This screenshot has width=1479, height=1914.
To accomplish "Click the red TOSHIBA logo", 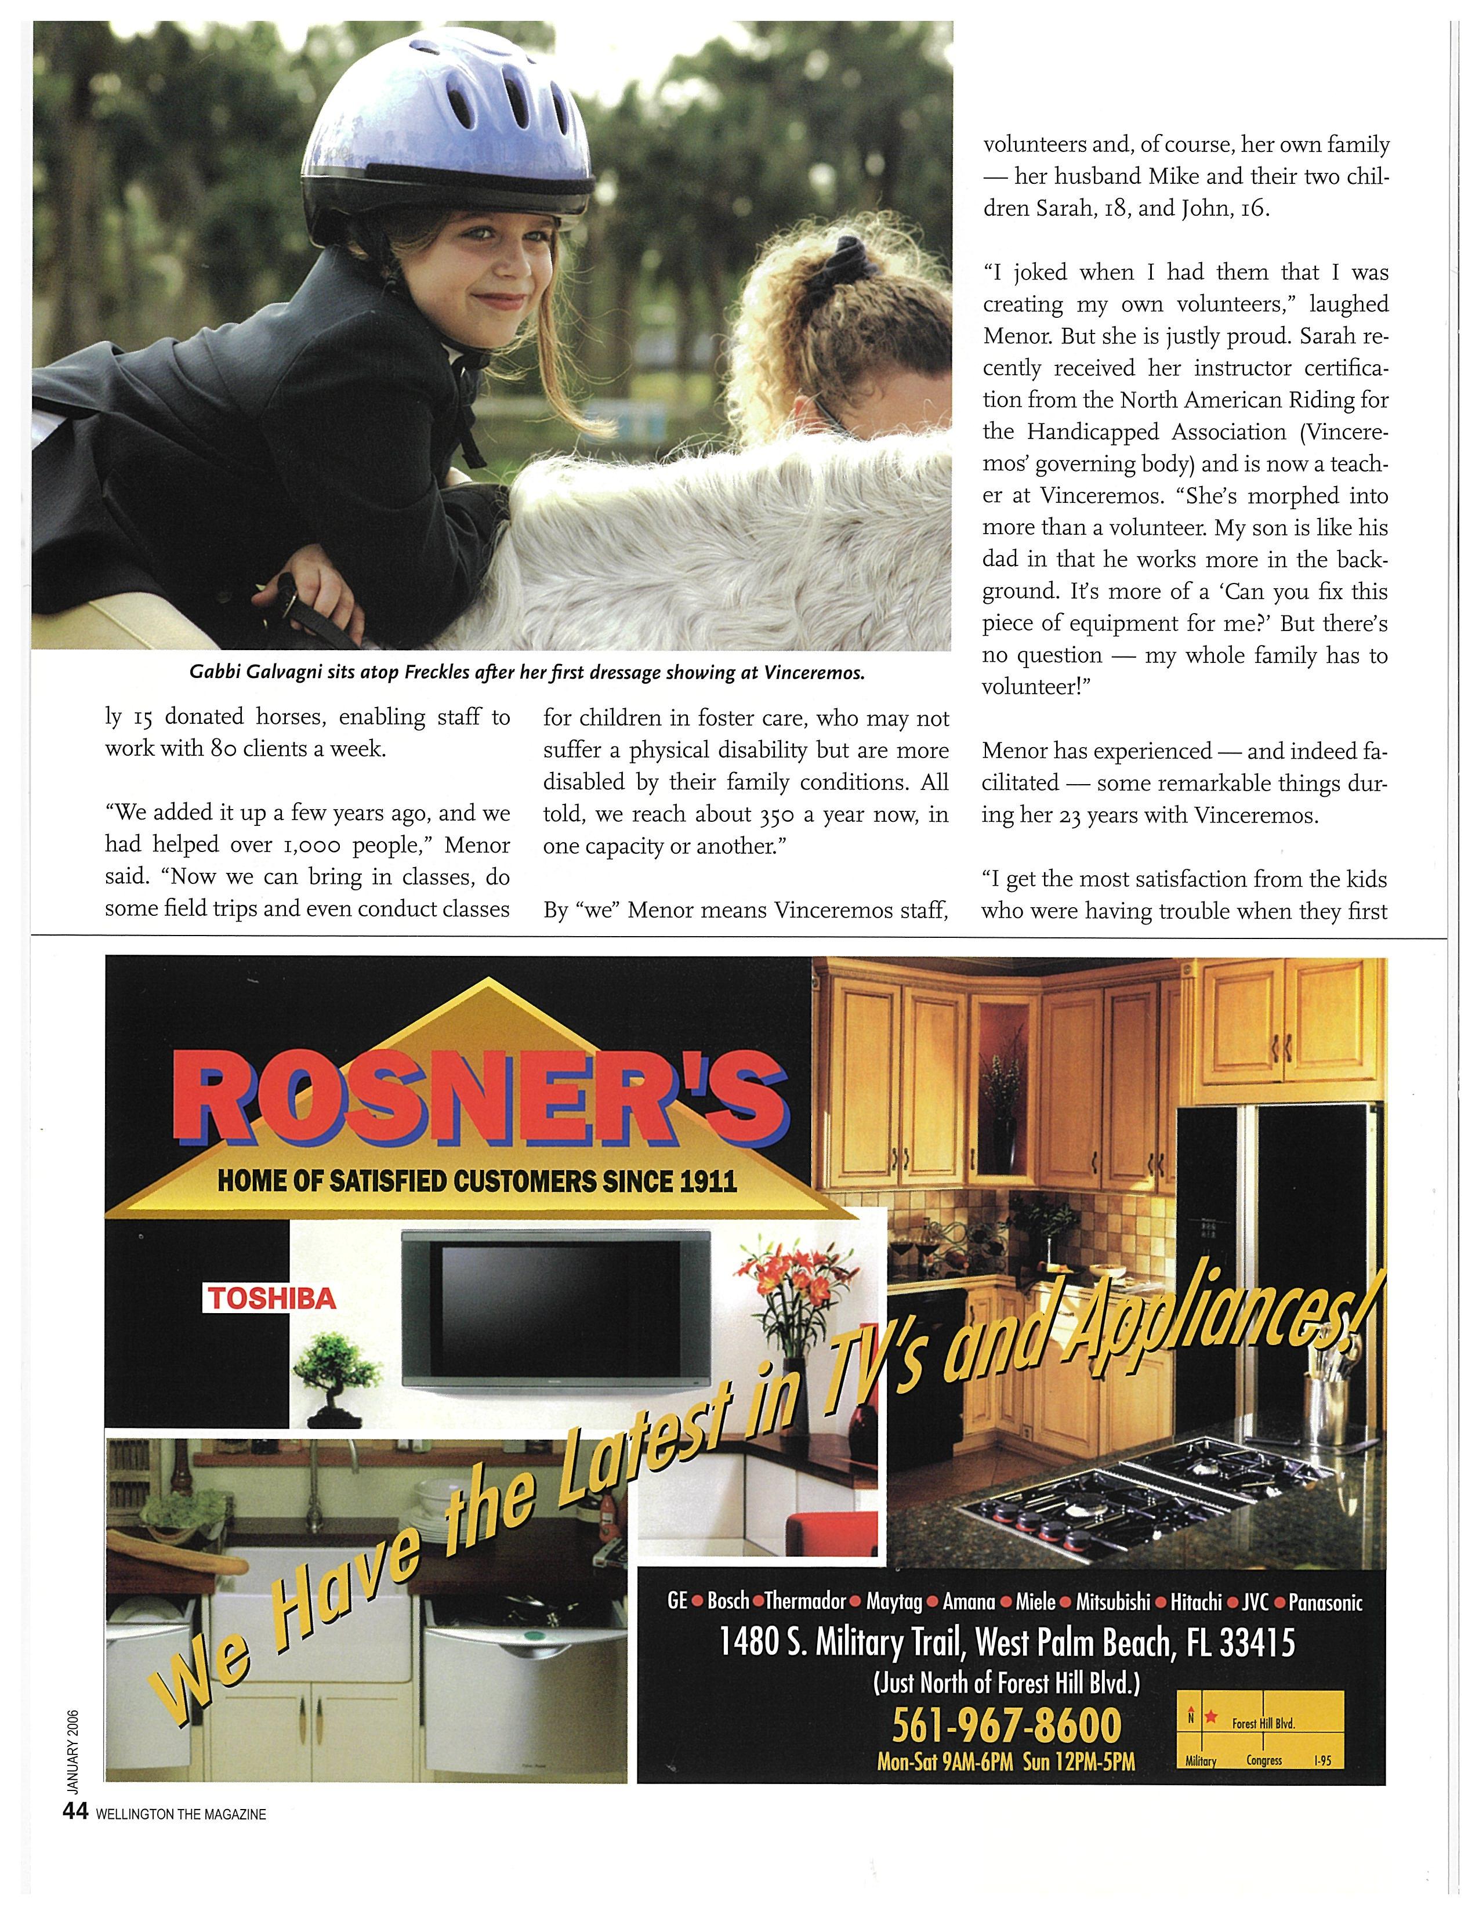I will pos(270,1297).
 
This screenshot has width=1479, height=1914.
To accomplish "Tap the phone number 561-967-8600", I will pos(1006,1725).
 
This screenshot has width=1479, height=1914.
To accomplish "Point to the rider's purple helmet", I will pos(447,114).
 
